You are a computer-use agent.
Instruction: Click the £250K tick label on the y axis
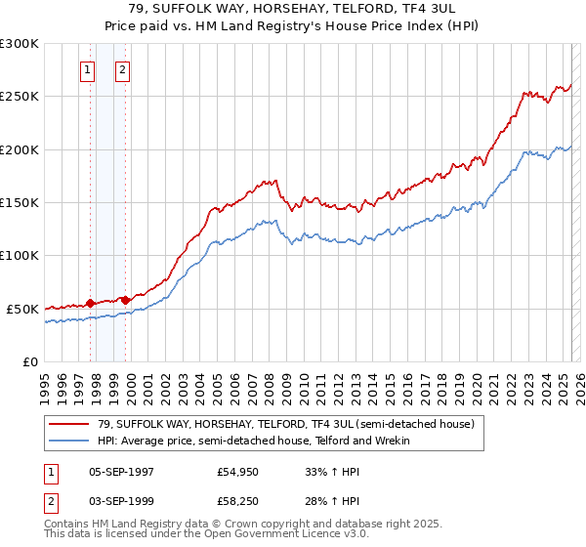(20, 97)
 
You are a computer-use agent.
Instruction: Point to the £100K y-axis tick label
(20, 256)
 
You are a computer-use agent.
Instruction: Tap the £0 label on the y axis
(29, 361)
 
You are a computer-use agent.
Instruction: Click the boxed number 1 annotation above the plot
(89, 69)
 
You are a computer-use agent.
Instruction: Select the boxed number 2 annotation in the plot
(123, 69)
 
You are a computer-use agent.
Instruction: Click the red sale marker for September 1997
(91, 303)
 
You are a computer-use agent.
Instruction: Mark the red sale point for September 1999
(125, 300)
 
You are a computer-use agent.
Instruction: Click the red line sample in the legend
(69, 424)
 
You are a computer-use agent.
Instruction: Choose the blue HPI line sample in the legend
(69, 442)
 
